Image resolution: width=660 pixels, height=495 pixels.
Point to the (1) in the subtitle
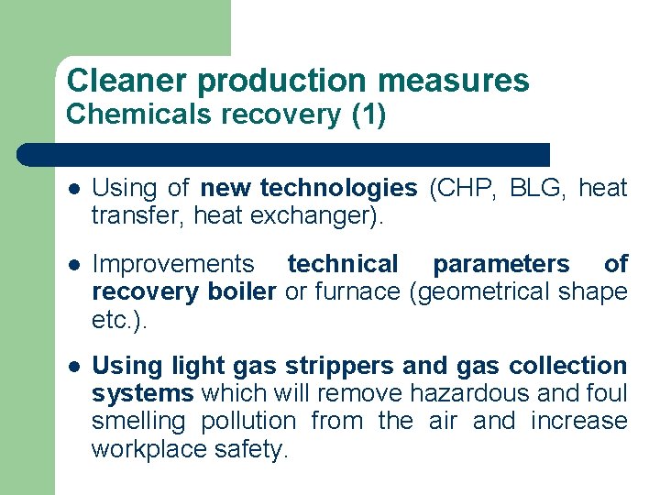[369, 115]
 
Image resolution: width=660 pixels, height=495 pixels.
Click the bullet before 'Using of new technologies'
[72, 189]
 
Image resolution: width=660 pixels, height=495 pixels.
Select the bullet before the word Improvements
[72, 265]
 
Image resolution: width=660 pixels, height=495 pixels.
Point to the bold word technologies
[338, 189]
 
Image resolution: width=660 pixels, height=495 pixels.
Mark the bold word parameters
[500, 265]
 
